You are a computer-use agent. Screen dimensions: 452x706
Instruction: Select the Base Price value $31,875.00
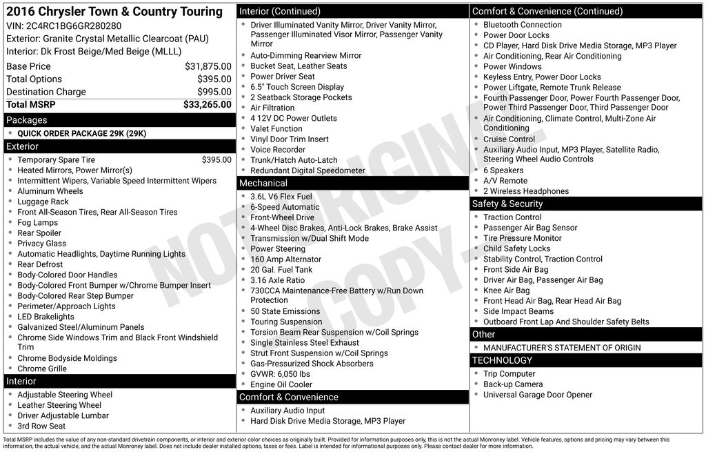(x=208, y=66)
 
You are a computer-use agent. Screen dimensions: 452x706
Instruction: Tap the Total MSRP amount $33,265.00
(x=207, y=105)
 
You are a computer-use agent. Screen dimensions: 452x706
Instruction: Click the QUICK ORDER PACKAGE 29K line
(x=81, y=134)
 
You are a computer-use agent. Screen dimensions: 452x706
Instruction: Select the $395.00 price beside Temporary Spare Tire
(x=216, y=159)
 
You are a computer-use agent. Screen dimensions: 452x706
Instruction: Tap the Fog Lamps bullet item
(x=37, y=223)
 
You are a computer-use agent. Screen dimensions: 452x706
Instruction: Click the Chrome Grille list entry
(x=42, y=369)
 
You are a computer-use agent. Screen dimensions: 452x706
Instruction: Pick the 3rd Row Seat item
(x=41, y=426)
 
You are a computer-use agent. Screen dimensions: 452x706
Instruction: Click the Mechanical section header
(x=263, y=183)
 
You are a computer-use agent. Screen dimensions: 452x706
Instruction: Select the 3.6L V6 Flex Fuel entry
(x=281, y=197)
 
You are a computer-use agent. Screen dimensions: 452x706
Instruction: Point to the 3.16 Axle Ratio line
(x=277, y=280)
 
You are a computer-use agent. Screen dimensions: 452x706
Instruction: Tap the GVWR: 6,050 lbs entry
(x=280, y=374)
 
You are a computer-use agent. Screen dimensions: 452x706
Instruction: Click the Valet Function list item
(x=276, y=128)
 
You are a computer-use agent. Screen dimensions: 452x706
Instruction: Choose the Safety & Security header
(x=507, y=204)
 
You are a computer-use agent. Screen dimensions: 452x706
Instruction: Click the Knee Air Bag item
(x=506, y=291)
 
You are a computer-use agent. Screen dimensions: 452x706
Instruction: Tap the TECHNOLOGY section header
(x=502, y=360)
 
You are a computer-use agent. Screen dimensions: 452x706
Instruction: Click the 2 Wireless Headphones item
(x=525, y=191)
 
